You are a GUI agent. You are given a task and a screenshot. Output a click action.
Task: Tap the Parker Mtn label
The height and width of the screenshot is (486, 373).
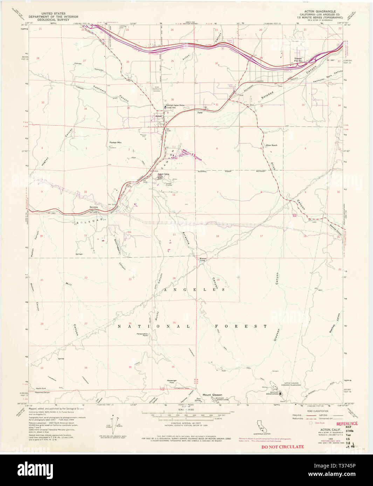point(115,143)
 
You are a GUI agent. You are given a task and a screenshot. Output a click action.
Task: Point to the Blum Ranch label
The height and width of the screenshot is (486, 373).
point(271,145)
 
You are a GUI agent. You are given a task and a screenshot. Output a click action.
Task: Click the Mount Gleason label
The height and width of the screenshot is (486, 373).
point(212,395)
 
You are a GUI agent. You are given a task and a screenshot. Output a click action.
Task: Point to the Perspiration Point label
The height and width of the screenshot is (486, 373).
point(142,335)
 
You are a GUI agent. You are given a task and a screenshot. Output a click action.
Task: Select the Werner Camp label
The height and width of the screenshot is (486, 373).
point(203,259)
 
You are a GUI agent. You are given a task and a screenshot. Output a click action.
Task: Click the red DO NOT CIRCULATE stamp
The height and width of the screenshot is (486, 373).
point(283,446)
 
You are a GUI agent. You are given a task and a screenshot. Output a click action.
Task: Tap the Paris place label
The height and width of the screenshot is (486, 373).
point(200,113)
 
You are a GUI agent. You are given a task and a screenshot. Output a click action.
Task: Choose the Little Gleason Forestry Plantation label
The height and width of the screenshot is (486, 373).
point(292,384)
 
